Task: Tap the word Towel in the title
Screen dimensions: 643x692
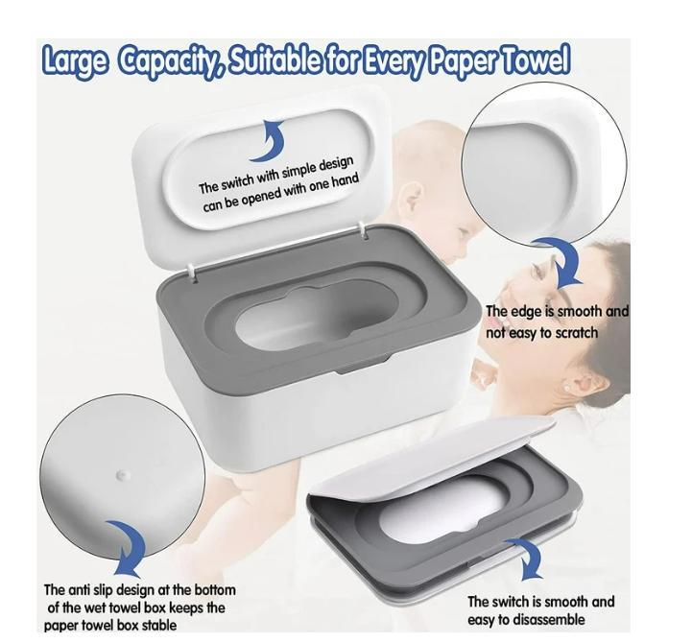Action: pos(532,61)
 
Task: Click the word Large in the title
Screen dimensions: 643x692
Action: pos(75,61)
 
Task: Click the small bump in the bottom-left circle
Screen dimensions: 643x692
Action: pos(121,474)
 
